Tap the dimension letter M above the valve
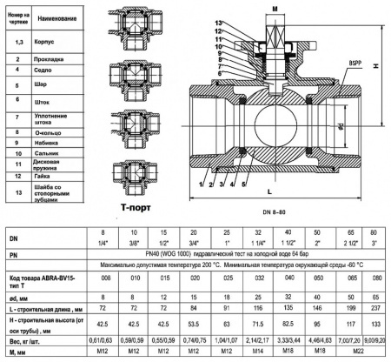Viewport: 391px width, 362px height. [275, 6]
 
